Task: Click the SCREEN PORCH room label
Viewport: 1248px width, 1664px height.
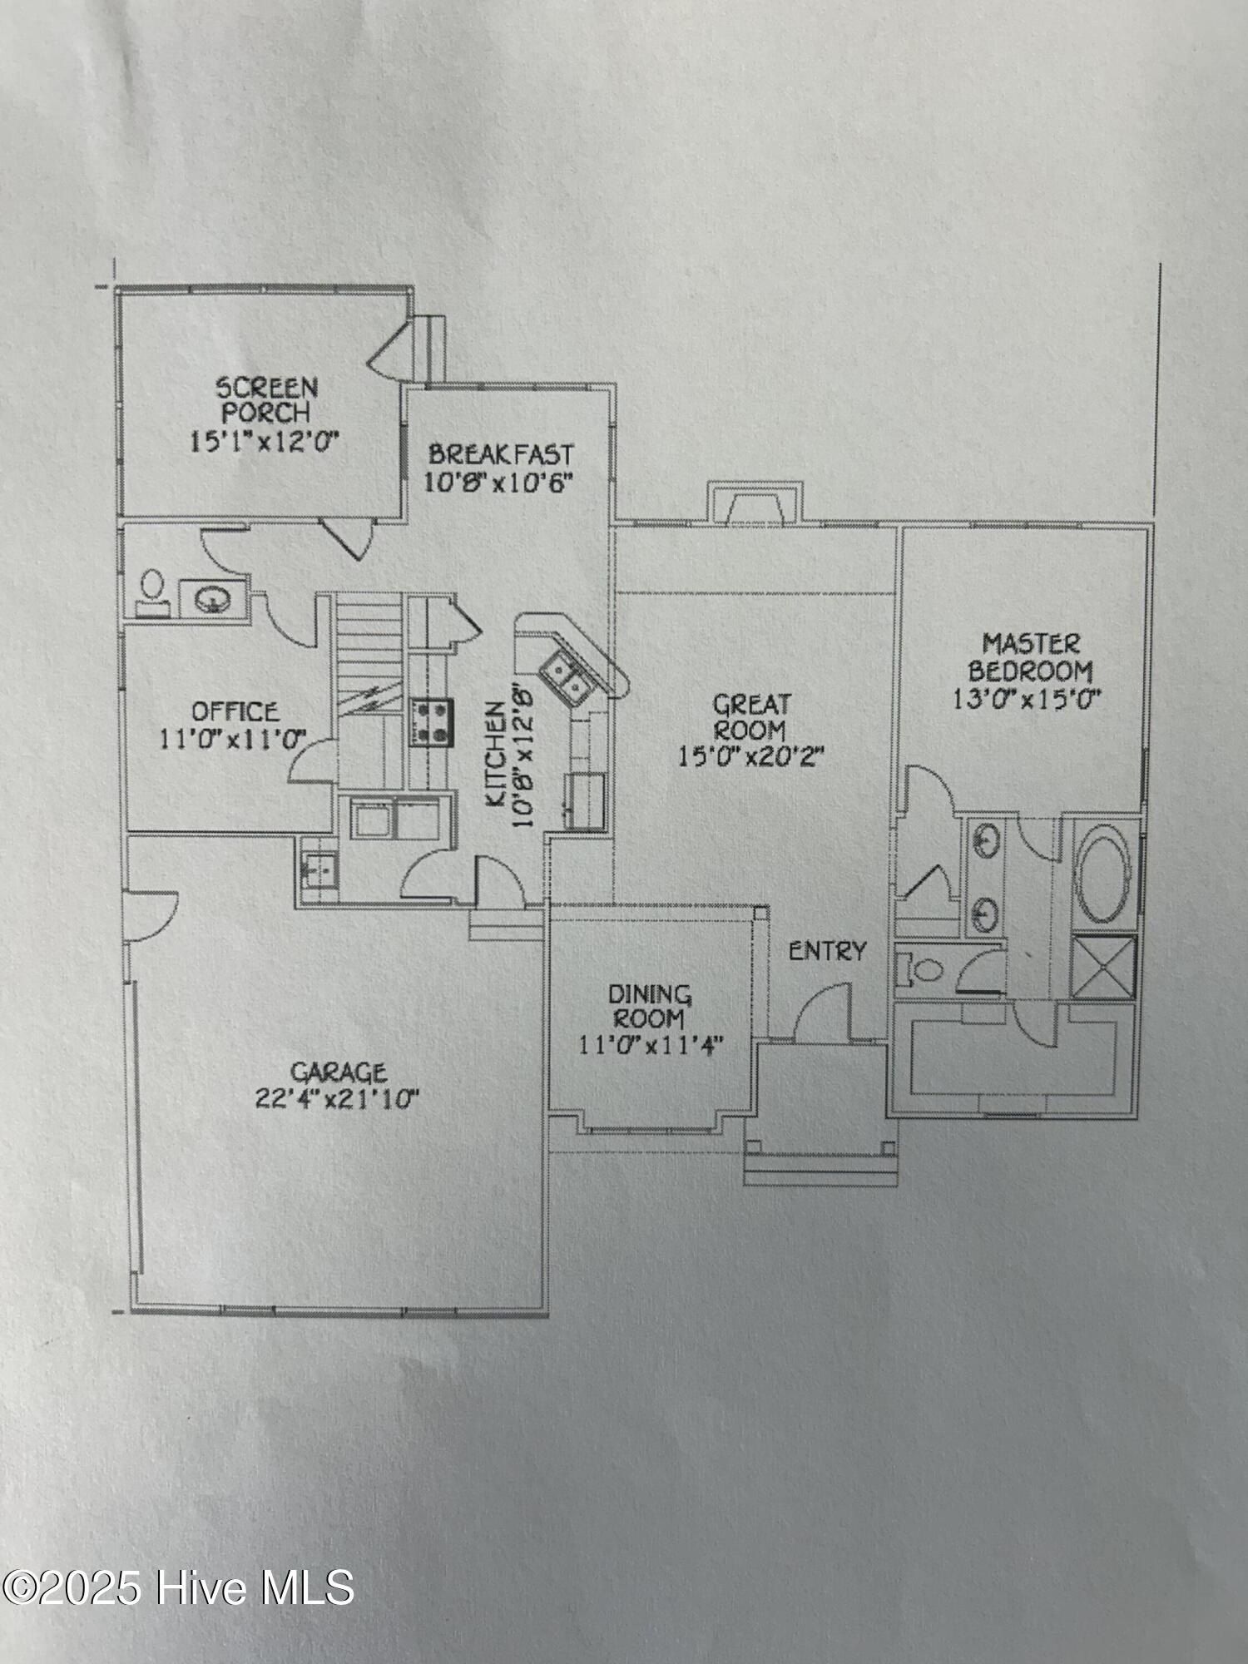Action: coord(267,399)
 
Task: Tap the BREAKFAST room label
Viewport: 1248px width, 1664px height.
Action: coord(501,455)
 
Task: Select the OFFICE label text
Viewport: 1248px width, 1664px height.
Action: coord(235,711)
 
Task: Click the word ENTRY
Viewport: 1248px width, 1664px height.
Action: coord(827,951)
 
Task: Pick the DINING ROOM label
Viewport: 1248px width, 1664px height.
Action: coord(650,1006)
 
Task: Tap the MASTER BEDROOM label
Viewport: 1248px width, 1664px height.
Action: coord(1030,656)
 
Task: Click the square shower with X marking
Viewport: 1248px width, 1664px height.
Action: coord(1103,966)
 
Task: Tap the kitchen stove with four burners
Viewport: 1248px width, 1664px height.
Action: coord(431,721)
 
